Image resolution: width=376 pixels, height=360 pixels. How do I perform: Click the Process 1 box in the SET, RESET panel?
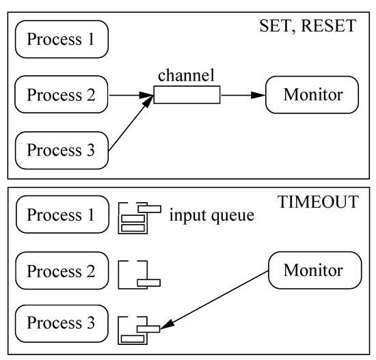(62, 40)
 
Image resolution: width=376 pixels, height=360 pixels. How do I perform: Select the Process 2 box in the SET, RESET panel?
(62, 94)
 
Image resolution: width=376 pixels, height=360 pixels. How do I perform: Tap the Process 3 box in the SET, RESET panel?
(62, 150)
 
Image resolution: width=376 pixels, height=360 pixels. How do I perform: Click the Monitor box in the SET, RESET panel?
(312, 95)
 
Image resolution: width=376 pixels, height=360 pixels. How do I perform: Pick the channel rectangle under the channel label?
(187, 95)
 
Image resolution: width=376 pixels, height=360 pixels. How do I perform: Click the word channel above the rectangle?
(186, 74)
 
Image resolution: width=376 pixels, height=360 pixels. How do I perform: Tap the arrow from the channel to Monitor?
(242, 95)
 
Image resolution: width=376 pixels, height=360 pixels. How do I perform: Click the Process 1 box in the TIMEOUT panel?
(62, 214)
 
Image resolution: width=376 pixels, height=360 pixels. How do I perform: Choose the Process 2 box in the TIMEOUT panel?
(62, 271)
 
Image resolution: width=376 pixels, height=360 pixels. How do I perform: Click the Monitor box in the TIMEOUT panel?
(313, 271)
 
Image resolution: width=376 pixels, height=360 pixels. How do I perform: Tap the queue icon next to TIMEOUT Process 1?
(136, 217)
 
